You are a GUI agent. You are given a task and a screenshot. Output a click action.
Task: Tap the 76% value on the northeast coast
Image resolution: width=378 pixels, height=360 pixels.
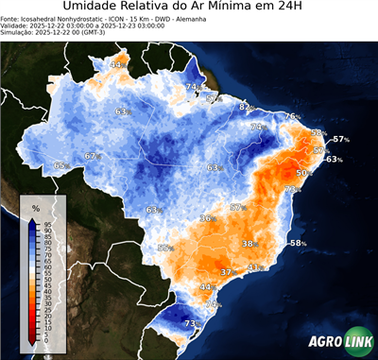[x=292, y=117]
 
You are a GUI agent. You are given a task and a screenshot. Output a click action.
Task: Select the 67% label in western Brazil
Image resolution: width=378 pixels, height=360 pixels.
[x=92, y=156]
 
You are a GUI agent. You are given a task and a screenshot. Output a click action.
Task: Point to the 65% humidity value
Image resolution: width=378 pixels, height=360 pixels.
[x=61, y=165]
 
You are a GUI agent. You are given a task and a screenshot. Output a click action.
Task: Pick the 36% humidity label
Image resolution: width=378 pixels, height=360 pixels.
[x=207, y=218]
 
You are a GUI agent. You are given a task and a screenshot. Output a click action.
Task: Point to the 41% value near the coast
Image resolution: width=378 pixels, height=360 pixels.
[x=254, y=267]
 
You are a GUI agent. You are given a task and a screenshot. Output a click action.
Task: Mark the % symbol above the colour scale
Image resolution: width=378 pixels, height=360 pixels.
[x=35, y=207]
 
